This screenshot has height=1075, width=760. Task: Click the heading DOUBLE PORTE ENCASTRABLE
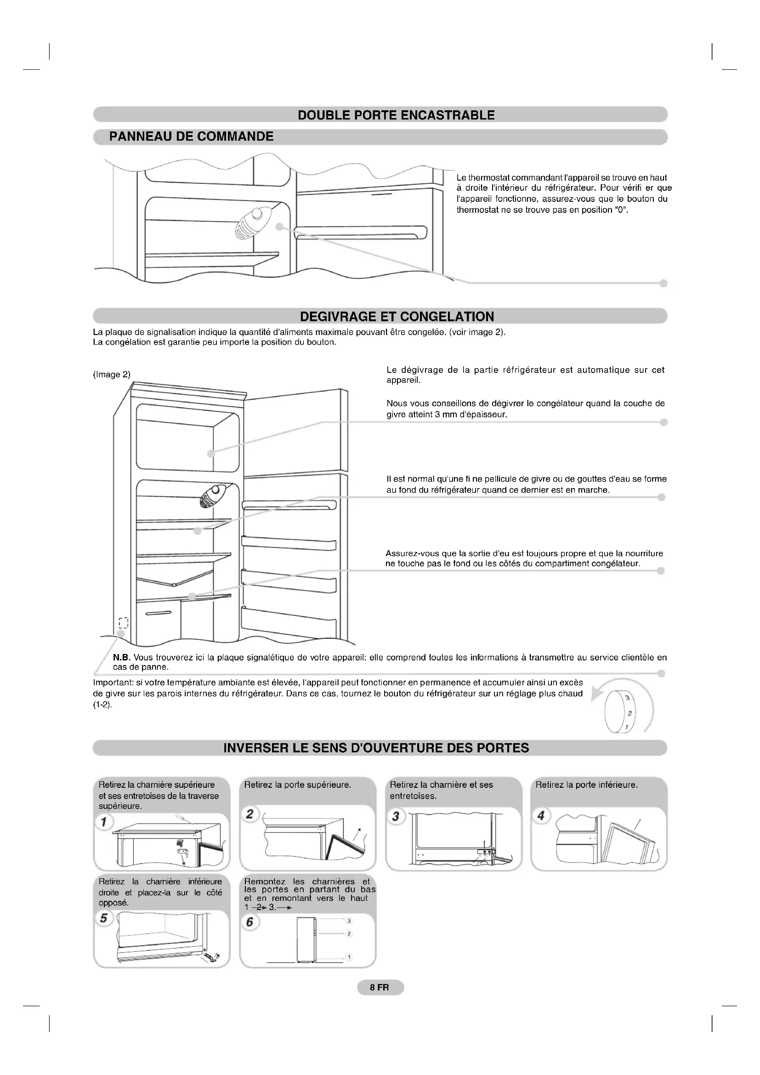pyautogui.click(x=396, y=115)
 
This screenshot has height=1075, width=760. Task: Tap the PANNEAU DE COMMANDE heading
pyautogui.click(x=191, y=137)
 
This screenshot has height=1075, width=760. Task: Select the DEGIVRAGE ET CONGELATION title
pyautogui.click(x=397, y=317)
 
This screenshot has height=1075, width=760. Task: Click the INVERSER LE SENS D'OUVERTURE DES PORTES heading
pyautogui.click(x=376, y=748)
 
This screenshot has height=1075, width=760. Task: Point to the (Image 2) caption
pyautogui.click(x=111, y=375)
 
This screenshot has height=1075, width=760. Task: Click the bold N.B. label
pyautogui.click(x=121, y=657)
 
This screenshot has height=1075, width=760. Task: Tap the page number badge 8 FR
pyautogui.click(x=380, y=987)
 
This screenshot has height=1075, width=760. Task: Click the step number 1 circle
pyautogui.click(x=103, y=822)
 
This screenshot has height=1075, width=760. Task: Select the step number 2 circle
pyautogui.click(x=250, y=814)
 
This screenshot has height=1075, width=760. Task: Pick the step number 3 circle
pyautogui.click(x=396, y=816)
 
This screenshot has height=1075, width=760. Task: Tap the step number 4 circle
pyautogui.click(x=541, y=816)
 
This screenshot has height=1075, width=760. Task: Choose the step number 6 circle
pyautogui.click(x=250, y=921)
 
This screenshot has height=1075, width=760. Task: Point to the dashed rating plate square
pyautogui.click(x=123, y=623)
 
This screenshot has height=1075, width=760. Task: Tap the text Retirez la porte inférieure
pyautogui.click(x=586, y=785)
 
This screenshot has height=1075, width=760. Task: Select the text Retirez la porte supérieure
pyautogui.click(x=297, y=785)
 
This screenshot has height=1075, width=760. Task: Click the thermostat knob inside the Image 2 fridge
pyautogui.click(x=211, y=496)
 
